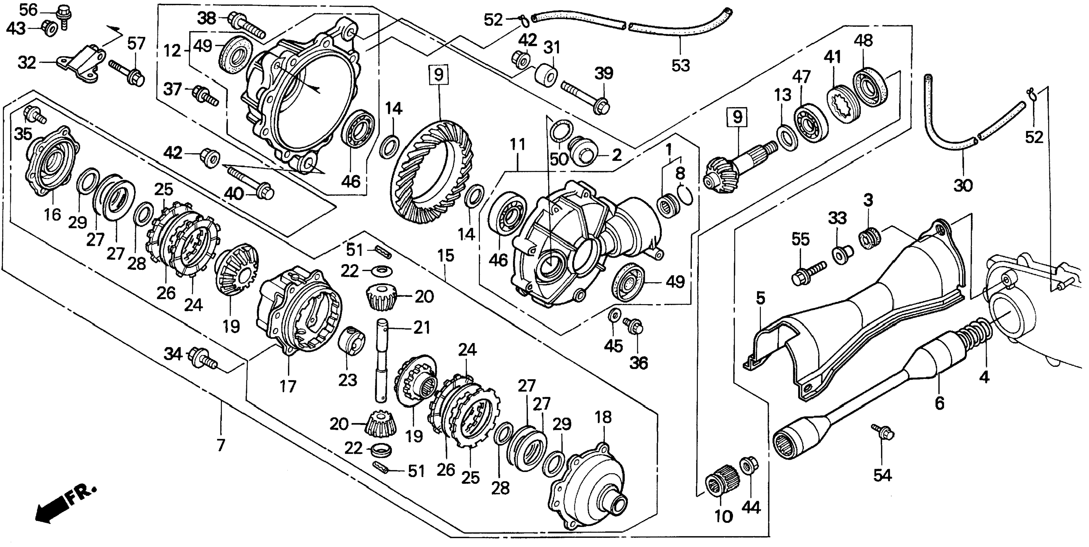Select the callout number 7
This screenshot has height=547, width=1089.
click(221, 445)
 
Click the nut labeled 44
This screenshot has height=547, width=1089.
click(749, 466)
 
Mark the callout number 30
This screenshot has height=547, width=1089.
click(963, 185)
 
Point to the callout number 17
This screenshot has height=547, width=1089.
click(288, 386)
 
